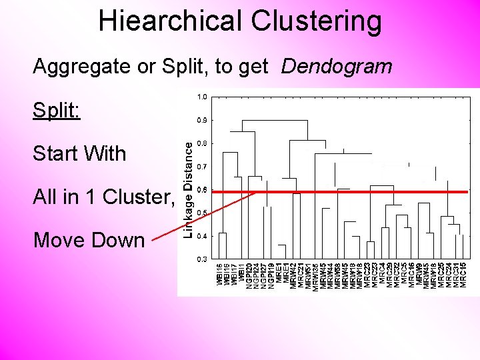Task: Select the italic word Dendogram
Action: pos(337,67)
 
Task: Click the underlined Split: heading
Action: pos(57,110)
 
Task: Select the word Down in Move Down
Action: pos(119,240)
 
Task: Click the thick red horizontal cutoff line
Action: pos(347,192)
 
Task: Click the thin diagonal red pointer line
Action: pos(203,216)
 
